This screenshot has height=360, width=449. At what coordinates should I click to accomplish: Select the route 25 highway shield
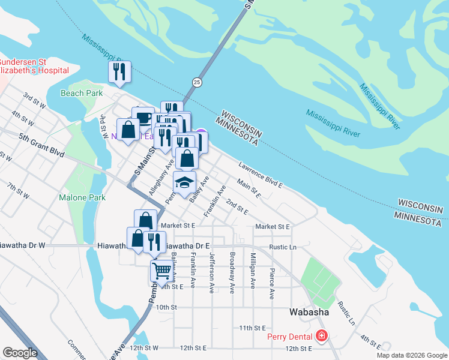(x=197, y=82)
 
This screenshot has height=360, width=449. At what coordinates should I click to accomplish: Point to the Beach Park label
(x=82, y=93)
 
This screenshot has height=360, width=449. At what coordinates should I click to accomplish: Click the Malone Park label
(x=82, y=197)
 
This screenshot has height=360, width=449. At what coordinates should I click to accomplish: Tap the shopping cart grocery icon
(x=161, y=270)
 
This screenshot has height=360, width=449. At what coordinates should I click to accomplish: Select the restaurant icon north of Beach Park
(x=119, y=71)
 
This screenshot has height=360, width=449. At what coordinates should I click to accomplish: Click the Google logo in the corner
(x=20, y=352)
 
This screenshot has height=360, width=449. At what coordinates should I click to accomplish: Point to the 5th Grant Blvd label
(x=41, y=153)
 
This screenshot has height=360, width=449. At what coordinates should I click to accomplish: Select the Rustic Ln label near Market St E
(x=283, y=247)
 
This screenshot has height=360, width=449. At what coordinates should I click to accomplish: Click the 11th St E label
(x=252, y=328)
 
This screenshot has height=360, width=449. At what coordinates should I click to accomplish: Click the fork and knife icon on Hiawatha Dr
(x=154, y=241)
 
